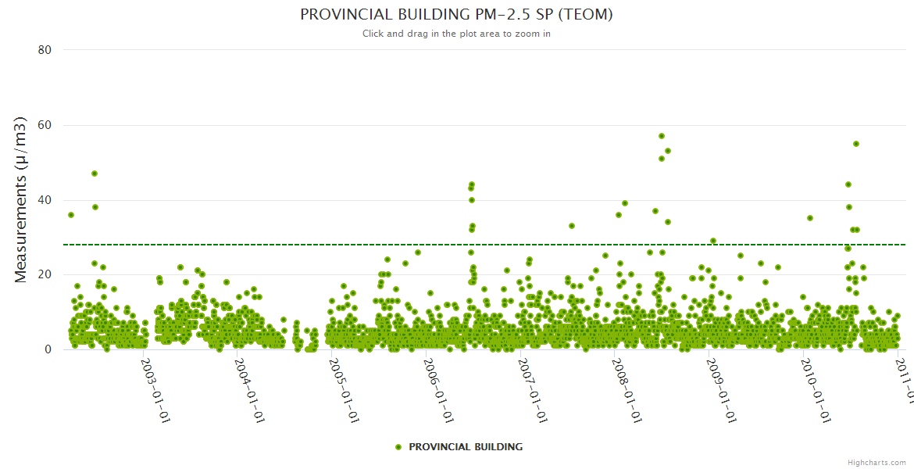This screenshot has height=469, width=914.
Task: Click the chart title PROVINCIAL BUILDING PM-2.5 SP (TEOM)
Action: click(456, 15)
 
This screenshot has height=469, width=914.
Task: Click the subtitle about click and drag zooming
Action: click(456, 34)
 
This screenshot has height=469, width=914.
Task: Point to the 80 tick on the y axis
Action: click(45, 50)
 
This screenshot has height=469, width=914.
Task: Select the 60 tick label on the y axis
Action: click(45, 125)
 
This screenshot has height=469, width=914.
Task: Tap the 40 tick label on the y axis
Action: click(45, 200)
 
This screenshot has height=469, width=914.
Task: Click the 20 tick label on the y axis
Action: click(45, 274)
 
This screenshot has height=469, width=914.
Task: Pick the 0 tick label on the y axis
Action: click(48, 349)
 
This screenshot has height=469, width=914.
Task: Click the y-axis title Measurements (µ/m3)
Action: click(22, 199)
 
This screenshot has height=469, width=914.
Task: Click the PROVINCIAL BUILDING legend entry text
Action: click(466, 447)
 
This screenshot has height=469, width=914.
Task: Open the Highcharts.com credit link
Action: click(877, 463)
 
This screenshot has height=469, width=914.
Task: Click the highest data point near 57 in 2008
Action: click(662, 136)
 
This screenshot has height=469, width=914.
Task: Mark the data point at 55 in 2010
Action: click(856, 144)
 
